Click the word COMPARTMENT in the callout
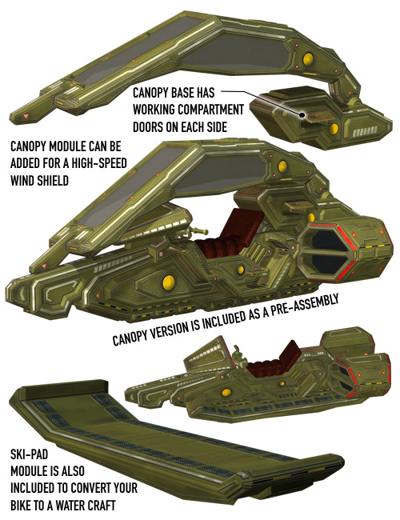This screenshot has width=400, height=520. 205,110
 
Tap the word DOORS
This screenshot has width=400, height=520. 149,126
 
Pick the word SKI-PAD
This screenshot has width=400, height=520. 29,454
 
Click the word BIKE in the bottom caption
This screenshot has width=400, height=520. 21,506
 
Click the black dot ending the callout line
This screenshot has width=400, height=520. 302,115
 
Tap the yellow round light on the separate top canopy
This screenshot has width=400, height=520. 308,59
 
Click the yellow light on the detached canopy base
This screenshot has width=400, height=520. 334,129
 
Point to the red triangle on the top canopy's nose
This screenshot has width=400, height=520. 26,117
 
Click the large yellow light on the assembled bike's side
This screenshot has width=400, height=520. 169,283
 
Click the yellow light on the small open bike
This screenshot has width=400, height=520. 226,393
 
